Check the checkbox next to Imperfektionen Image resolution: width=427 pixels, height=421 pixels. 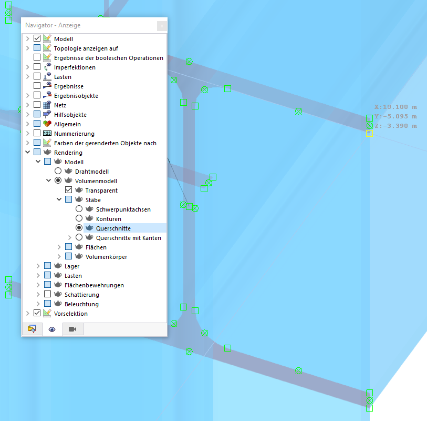pyautogui.click(x=37, y=67)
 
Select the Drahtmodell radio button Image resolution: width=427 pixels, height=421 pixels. pyautogui.click(x=58, y=172)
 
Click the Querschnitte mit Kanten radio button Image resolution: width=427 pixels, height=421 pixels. pyautogui.click(x=79, y=238)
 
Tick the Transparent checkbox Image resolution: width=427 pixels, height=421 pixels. pyautogui.click(x=68, y=191)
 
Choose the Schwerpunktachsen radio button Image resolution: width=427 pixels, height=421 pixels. pyautogui.click(x=79, y=209)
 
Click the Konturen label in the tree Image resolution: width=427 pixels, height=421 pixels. pyautogui.click(x=108, y=219)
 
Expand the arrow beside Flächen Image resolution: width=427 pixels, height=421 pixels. pyautogui.click(x=59, y=247)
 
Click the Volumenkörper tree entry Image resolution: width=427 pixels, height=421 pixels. pyautogui.click(x=106, y=257)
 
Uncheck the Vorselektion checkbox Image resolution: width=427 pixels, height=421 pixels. pyautogui.click(x=37, y=314)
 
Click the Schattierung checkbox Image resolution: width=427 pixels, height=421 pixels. pyautogui.click(x=47, y=295)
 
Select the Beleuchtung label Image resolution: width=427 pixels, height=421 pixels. pyautogui.click(x=81, y=304)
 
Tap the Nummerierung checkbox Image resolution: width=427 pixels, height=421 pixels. pyautogui.click(x=37, y=134)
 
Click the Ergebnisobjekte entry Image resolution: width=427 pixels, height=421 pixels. pyautogui.click(x=76, y=96)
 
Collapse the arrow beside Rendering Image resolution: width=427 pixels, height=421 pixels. pyautogui.click(x=28, y=153)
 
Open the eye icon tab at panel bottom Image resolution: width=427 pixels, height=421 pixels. pyautogui.click(x=52, y=329)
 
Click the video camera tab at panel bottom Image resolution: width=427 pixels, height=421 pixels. pyautogui.click(x=72, y=329)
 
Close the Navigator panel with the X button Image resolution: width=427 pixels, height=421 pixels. pyautogui.click(x=162, y=25)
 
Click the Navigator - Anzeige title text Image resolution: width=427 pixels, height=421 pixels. pyautogui.click(x=53, y=25)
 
